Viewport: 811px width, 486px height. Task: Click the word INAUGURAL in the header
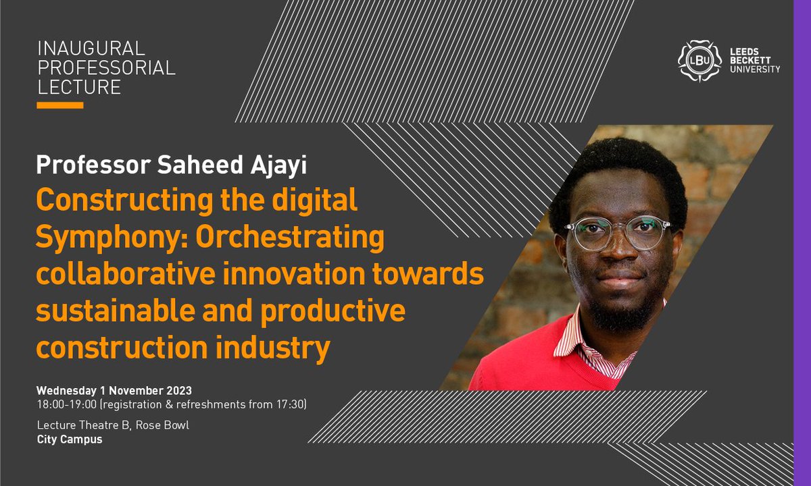click(x=91, y=49)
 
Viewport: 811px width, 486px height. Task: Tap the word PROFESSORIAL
click(x=106, y=67)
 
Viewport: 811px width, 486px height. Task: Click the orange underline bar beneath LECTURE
click(x=60, y=105)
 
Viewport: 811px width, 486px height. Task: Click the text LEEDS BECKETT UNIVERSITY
click(x=754, y=59)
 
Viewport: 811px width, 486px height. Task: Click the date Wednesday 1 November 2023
click(x=114, y=391)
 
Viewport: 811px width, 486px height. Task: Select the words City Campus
click(x=69, y=439)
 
